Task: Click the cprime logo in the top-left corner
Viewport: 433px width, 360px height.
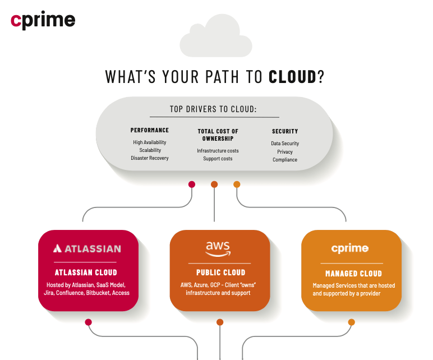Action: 43,20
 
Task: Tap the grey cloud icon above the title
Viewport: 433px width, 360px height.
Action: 216,36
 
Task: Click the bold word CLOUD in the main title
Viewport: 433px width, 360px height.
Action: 293,77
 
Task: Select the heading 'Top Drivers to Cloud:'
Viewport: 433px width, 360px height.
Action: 213,109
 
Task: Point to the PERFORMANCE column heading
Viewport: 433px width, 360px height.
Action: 150,130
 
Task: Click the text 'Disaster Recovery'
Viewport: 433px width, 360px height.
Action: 150,158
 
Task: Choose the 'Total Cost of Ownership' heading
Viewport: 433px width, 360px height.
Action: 218,135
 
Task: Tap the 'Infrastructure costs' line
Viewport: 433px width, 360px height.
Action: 218,151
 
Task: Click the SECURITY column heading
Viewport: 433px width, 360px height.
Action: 285,131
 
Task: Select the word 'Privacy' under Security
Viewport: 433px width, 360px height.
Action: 285,152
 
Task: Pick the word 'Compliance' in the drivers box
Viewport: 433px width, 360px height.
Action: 285,160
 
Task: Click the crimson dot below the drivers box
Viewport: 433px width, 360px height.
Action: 192,184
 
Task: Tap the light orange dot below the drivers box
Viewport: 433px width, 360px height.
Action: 237,184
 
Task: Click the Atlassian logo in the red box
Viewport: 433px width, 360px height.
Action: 87,248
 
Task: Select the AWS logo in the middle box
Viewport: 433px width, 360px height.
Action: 218,248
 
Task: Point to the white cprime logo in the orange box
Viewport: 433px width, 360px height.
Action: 350,248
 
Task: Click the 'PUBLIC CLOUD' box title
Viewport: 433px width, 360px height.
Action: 220,273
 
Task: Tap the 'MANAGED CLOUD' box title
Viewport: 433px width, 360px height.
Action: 353,274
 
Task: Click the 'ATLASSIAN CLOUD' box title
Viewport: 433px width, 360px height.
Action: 86,273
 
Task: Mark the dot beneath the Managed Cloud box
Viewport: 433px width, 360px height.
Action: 351,322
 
